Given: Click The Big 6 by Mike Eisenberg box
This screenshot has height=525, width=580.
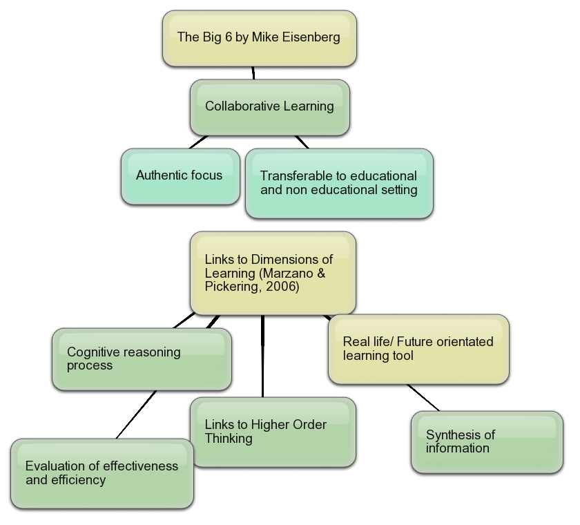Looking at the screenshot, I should click(260, 38).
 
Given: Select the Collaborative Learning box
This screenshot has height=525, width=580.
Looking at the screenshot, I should click(270, 106).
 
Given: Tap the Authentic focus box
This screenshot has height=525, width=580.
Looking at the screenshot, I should click(180, 175).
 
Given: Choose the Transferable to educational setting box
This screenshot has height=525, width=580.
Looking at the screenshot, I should click(339, 183).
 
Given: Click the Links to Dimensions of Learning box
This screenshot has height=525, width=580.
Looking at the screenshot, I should click(273, 274).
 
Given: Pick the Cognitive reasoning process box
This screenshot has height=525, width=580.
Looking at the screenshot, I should click(142, 359).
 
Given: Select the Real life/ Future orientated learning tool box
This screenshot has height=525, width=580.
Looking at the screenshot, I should click(418, 349).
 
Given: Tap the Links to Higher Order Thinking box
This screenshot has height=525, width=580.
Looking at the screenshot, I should click(273, 431).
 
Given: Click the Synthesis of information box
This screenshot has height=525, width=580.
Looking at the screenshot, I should click(486, 441).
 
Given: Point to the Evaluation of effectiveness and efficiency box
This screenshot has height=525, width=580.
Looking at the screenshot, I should click(101, 473).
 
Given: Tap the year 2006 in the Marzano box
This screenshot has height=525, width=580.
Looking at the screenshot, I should click(285, 287).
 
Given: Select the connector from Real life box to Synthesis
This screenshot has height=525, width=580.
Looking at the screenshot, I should click(423, 397).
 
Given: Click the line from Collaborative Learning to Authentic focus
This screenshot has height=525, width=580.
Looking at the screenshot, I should click(198, 142).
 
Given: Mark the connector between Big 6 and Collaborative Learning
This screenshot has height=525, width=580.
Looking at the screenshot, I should click(253, 73).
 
